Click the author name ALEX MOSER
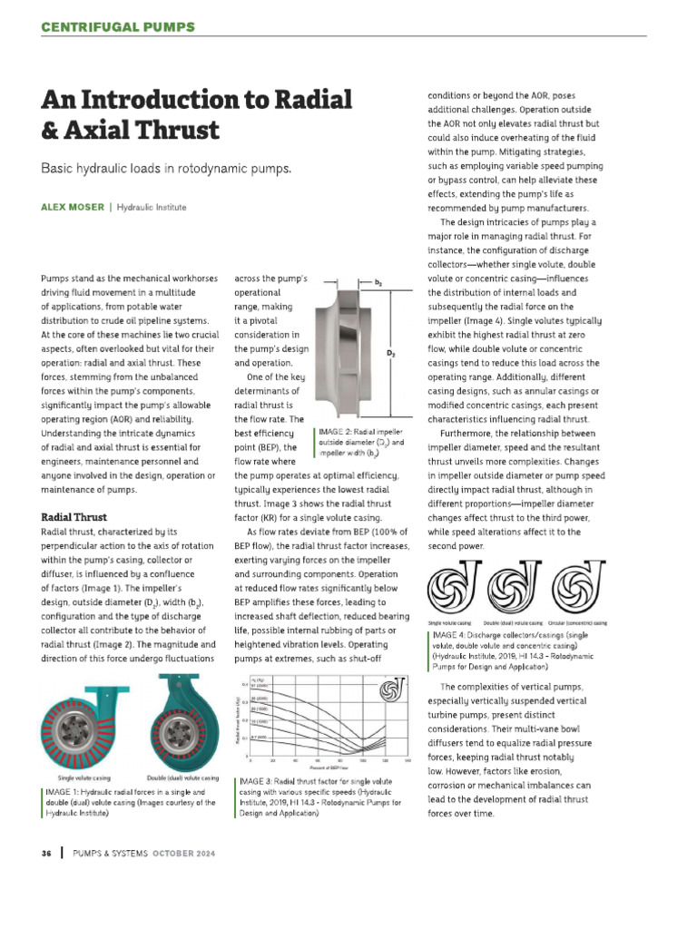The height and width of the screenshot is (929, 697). point(73,208)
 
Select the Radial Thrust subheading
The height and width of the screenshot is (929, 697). point(74,516)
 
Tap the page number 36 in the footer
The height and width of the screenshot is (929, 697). point(46,855)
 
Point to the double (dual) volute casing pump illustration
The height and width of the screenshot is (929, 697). point(182,725)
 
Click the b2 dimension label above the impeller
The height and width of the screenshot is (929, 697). point(378,282)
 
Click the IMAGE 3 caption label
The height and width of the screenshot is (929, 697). point(259,781)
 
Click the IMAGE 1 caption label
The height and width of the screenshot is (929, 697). point(65,793)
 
